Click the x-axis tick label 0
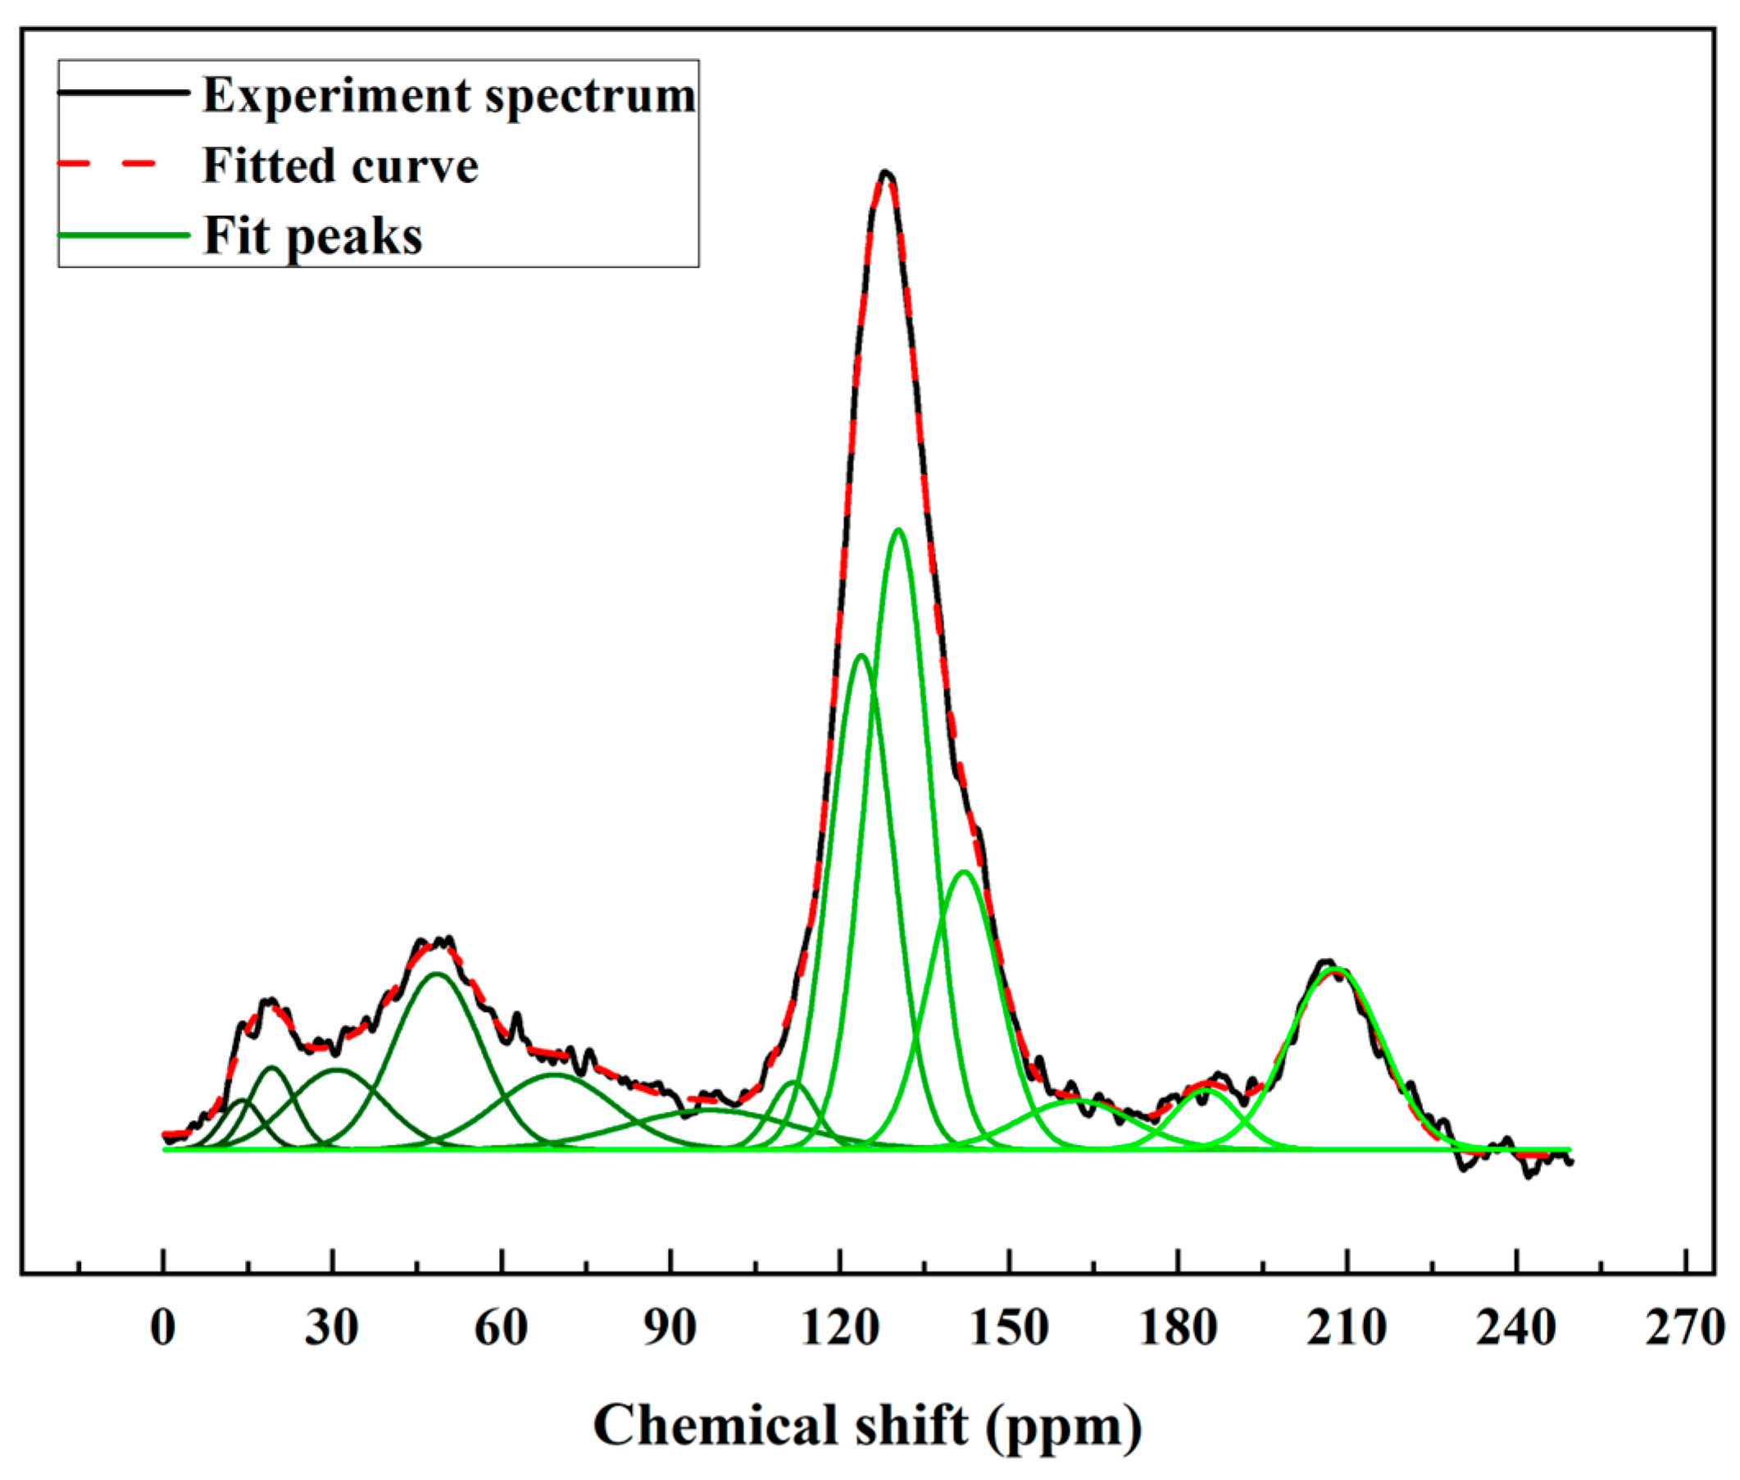coord(164,1328)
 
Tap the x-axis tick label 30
coord(332,1328)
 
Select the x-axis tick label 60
coord(502,1328)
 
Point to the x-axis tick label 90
coord(670,1328)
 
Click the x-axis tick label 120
coord(841,1328)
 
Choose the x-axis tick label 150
coord(1009,1328)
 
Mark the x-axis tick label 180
coord(1179,1328)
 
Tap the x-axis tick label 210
coord(1347,1328)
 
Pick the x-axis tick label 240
coord(1517,1328)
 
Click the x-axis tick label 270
coord(1685,1328)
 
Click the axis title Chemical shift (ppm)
coord(867,1425)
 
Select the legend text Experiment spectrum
coord(449,95)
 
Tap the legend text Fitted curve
coord(340,166)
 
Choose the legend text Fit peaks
coord(313,236)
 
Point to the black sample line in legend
coord(124,93)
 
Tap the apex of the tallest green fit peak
coord(898,529)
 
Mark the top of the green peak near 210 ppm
coord(1337,969)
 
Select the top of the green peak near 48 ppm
coord(436,974)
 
